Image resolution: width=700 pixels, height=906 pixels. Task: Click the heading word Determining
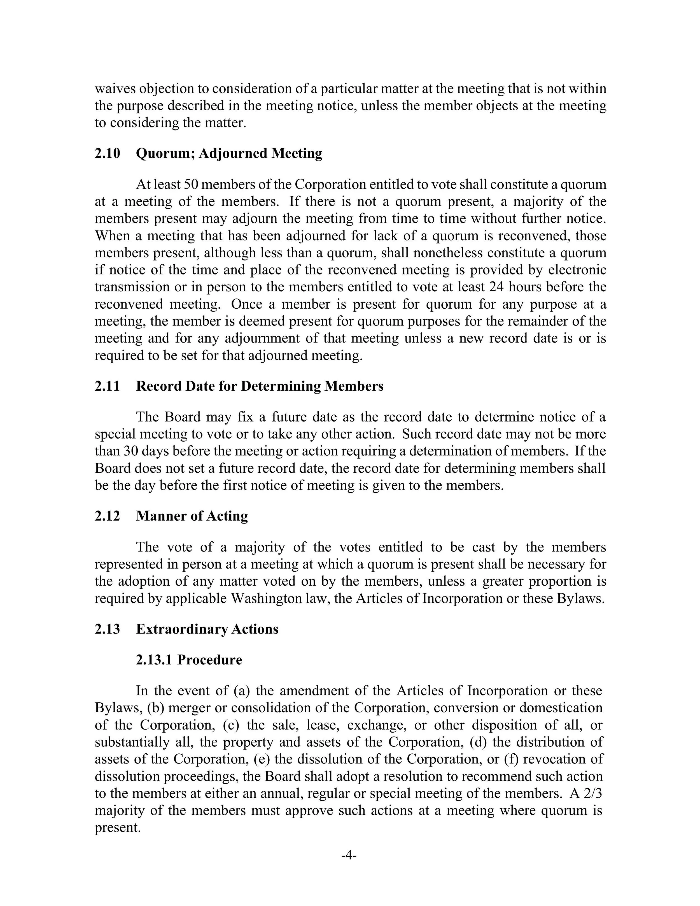[281, 386]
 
